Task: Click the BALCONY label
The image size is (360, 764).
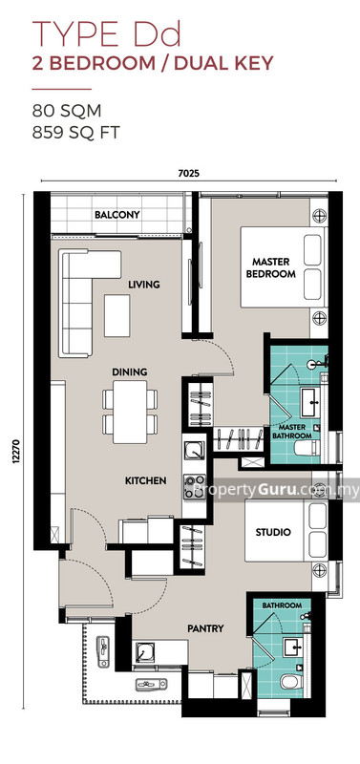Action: pos(117,215)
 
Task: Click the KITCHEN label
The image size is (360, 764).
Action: pos(145,480)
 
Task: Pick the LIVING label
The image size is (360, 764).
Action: pos(144,285)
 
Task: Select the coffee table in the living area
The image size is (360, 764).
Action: pos(117,315)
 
